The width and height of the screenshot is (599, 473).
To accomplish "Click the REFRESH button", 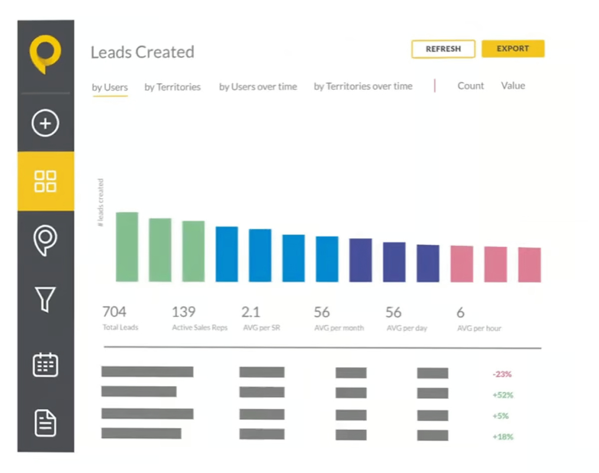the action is click(443, 49).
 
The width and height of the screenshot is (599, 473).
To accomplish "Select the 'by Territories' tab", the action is click(172, 87).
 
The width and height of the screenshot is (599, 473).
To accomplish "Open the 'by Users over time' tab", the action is click(258, 87).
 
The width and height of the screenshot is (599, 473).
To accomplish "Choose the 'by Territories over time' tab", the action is click(363, 86).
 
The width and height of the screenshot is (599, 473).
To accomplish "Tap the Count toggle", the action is click(471, 86).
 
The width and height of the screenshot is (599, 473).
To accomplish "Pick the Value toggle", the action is click(513, 86).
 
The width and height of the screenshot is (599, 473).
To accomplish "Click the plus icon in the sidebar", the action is click(45, 123).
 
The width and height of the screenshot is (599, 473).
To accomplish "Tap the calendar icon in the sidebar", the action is click(45, 364).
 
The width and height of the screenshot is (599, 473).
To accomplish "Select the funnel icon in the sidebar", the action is click(45, 299).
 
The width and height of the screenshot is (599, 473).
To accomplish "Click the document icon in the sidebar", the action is click(45, 423).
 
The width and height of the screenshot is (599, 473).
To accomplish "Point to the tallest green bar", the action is click(127, 247).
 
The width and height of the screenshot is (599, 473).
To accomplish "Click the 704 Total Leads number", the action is click(114, 312).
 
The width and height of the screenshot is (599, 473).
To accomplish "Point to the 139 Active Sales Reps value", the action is click(184, 312).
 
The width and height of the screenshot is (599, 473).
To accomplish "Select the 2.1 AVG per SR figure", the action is click(250, 312).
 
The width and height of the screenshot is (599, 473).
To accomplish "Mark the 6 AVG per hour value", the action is click(461, 313).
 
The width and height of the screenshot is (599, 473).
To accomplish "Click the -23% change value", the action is click(502, 374).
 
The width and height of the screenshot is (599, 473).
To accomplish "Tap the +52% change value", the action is click(503, 395).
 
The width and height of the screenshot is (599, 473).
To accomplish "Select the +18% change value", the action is click(503, 437).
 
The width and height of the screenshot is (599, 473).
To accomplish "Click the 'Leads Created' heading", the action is click(142, 52).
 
